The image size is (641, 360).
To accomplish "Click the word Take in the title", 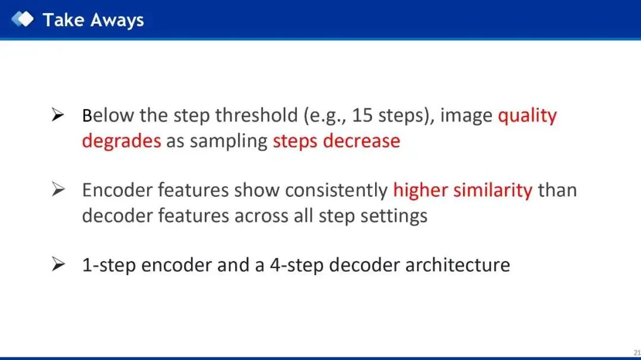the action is pyautogui.click(x=64, y=20).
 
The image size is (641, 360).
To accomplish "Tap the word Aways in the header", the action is pyautogui.click(x=118, y=20).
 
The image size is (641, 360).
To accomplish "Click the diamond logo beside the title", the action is pyautogui.click(x=23, y=19).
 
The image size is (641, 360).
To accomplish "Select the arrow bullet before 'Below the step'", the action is pyautogui.click(x=58, y=115).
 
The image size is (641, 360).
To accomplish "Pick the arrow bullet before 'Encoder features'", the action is pyautogui.click(x=58, y=189).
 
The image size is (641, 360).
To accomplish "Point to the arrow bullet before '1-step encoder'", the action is pyautogui.click(x=58, y=264).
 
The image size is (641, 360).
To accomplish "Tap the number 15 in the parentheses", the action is pyautogui.click(x=362, y=115).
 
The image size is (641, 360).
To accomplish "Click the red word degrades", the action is pyautogui.click(x=122, y=141).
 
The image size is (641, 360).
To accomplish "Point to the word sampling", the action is pyautogui.click(x=229, y=141).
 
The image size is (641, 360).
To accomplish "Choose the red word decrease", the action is pyautogui.click(x=361, y=141).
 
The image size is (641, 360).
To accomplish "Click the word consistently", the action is pyautogui.click(x=336, y=190).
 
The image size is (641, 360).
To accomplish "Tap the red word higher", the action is pyautogui.click(x=420, y=190).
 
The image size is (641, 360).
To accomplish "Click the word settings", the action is pyautogui.click(x=394, y=216).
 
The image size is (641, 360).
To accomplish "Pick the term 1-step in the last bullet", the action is pyautogui.click(x=109, y=266).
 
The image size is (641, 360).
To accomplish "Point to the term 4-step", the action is pyautogui.click(x=296, y=266).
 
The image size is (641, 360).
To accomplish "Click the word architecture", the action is pyautogui.click(x=458, y=265).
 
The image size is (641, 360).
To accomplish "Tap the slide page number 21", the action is pyautogui.click(x=637, y=353).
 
